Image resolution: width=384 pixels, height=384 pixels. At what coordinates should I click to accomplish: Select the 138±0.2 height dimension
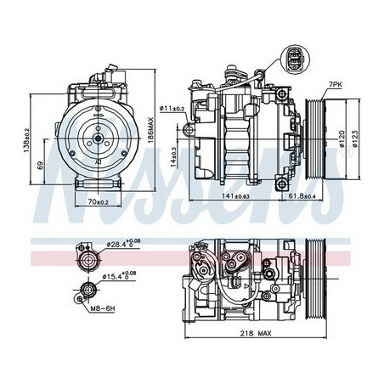point(27,145)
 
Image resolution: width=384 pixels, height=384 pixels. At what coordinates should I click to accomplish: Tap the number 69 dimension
point(42,166)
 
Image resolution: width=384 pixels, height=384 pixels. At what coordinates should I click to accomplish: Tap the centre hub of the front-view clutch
point(98,138)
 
